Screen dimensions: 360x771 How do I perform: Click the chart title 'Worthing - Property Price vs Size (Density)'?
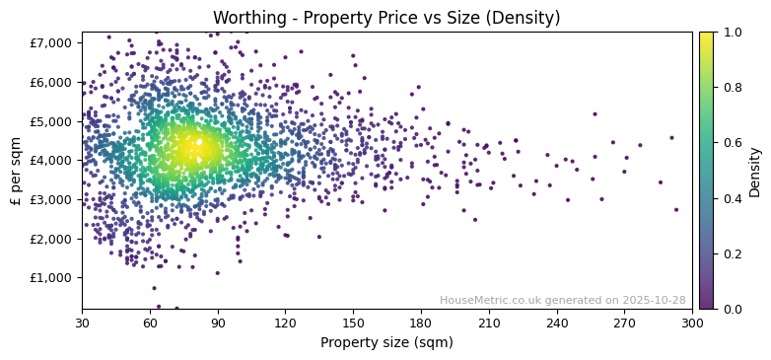point(386,17)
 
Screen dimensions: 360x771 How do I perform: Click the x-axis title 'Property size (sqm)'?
point(386,343)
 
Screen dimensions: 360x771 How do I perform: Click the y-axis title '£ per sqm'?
point(16,170)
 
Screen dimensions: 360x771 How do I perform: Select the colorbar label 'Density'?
point(754,170)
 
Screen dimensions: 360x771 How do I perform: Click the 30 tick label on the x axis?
point(82,323)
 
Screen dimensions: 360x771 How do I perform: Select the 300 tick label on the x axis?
point(692,323)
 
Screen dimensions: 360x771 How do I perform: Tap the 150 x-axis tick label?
point(353,323)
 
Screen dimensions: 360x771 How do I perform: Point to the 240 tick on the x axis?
point(557,323)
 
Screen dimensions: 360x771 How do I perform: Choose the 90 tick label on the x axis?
point(218,323)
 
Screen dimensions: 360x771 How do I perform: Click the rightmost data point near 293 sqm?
point(676,209)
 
